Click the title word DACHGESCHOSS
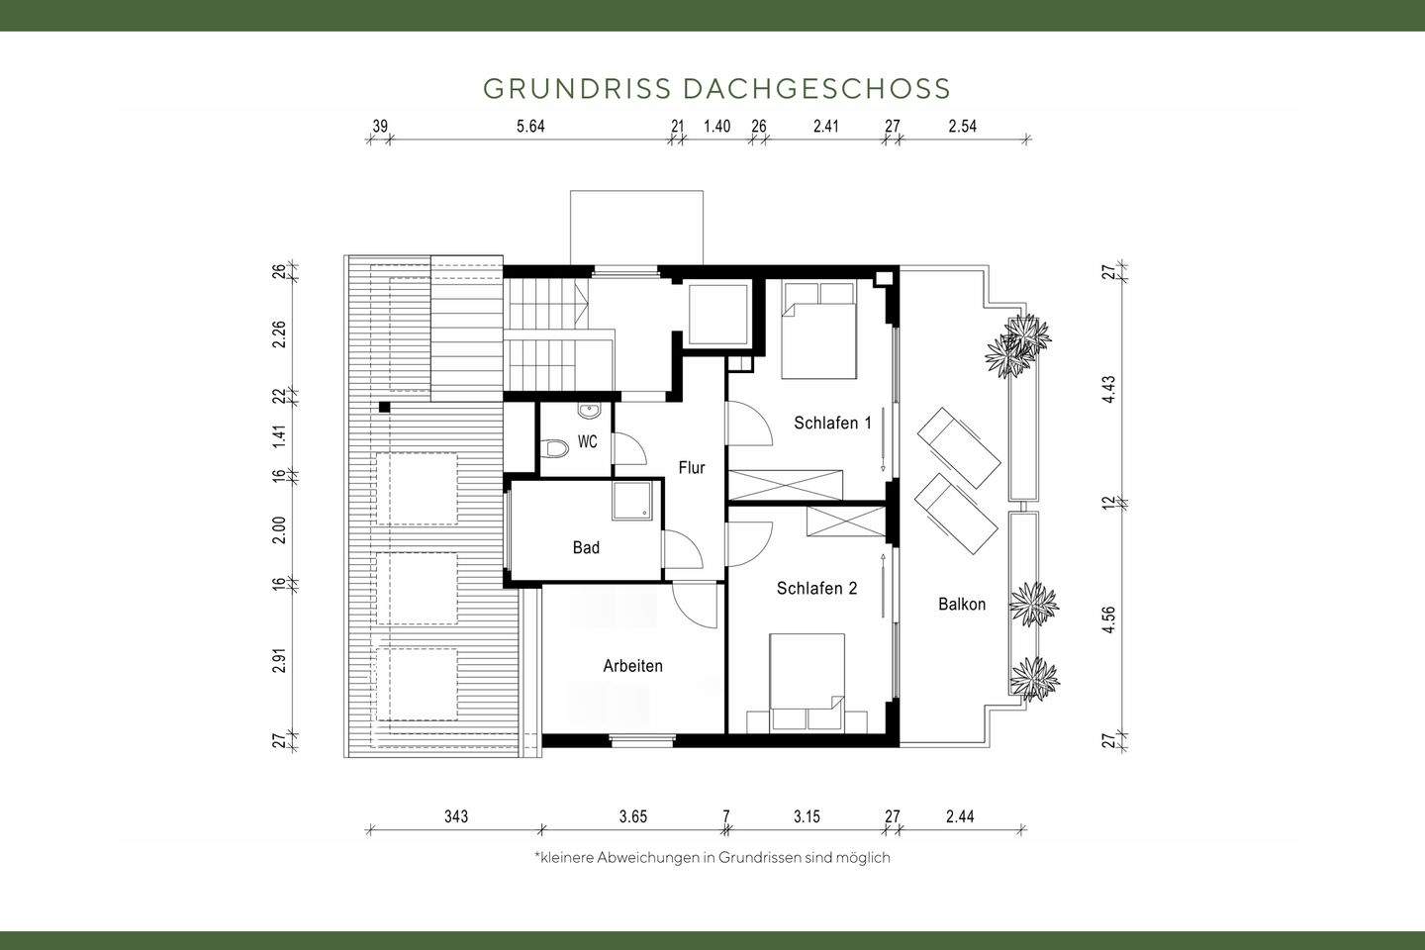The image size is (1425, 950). click(x=816, y=89)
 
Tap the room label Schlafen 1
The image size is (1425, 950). click(x=832, y=423)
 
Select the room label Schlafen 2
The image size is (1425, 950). click(x=816, y=589)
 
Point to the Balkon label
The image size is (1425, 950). click(x=962, y=604)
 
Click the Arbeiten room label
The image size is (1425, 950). click(x=632, y=666)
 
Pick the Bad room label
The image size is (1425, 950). click(x=586, y=547)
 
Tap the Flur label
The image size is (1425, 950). click(x=692, y=467)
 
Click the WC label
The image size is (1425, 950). click(x=588, y=442)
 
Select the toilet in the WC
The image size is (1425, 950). click(x=556, y=450)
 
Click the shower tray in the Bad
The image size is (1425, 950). click(x=632, y=502)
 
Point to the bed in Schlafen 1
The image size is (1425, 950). click(x=819, y=331)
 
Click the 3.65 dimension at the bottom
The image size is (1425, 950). click(x=632, y=816)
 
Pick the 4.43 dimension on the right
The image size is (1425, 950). click(x=1110, y=389)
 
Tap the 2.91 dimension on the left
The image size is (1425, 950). click(x=279, y=661)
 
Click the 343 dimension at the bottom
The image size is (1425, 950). click(x=455, y=816)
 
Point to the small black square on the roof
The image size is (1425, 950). click(x=384, y=406)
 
